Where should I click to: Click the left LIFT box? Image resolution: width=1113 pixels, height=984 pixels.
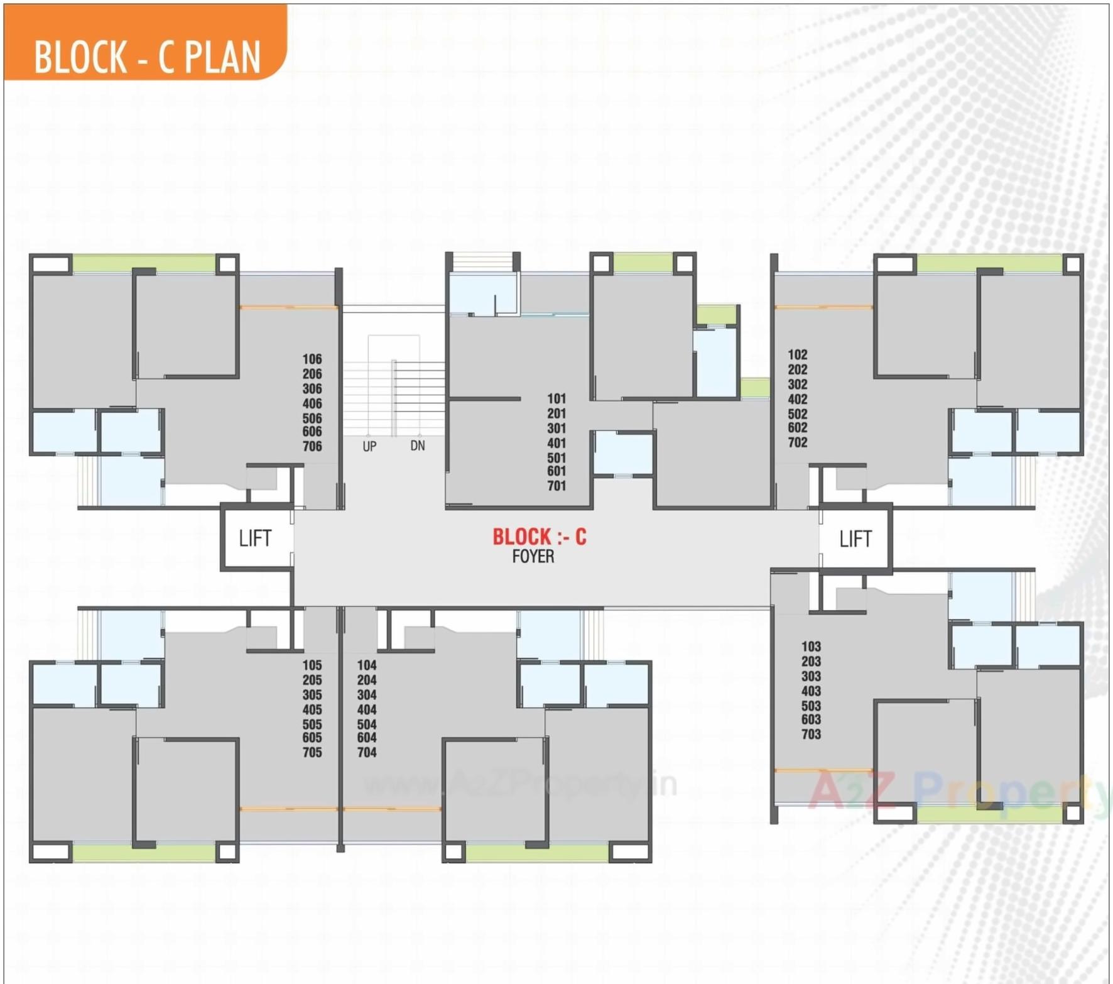[255, 538]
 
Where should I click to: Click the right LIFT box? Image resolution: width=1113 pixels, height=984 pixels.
[855, 538]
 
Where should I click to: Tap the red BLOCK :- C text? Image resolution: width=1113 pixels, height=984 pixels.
[539, 537]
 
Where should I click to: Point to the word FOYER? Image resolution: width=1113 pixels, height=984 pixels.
[533, 557]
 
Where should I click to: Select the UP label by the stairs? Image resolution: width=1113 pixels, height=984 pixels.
[369, 446]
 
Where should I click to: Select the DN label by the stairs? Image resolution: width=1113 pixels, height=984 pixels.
[418, 446]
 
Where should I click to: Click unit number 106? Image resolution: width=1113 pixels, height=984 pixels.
[312, 359]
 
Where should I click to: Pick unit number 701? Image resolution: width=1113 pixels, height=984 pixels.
[556, 486]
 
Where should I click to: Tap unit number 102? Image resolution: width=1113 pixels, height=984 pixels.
[798, 354]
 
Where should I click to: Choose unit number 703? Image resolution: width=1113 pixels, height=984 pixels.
[811, 734]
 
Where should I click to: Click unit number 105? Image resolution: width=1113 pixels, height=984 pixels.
[312, 665]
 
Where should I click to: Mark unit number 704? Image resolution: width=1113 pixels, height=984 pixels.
[367, 752]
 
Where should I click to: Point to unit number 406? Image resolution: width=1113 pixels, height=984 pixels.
[312, 403]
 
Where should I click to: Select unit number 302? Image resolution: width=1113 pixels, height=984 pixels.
[798, 384]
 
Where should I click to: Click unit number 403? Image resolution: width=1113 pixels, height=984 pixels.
[811, 691]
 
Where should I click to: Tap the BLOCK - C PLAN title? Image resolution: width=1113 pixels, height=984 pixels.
[147, 57]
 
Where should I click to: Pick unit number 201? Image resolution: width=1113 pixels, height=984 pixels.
[556, 413]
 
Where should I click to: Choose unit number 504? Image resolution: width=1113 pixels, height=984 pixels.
[367, 724]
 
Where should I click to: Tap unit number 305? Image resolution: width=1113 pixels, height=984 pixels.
[312, 694]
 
